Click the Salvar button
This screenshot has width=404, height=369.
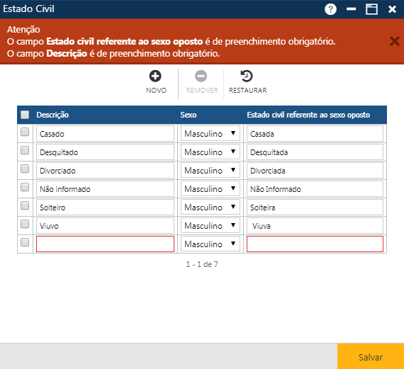pos(370,357)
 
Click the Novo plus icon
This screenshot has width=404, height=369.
pos(155,76)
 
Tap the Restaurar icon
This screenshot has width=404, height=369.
pos(247,76)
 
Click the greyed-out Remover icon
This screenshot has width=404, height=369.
pos(201,76)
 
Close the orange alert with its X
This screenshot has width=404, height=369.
pos(394,41)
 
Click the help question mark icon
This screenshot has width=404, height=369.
pos(330,9)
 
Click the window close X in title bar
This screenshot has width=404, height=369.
pos(392,9)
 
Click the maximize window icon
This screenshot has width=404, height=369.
pos(371,9)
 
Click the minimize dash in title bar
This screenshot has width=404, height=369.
pos(351,9)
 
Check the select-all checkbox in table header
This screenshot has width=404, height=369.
pos(25,115)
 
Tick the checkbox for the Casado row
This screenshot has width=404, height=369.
pos(25,132)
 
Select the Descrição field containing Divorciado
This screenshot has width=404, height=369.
pos(105,171)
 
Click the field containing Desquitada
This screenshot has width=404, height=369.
pos(315,152)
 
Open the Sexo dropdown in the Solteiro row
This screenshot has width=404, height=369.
pos(211,208)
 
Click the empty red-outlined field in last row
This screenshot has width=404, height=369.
pos(315,244)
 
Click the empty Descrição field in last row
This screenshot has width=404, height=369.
pos(105,244)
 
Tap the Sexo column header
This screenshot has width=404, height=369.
pos(189,115)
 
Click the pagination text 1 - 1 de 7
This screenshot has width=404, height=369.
pos(202,264)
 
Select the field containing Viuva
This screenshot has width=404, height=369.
pos(315,226)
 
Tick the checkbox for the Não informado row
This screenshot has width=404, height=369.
pos(25,188)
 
